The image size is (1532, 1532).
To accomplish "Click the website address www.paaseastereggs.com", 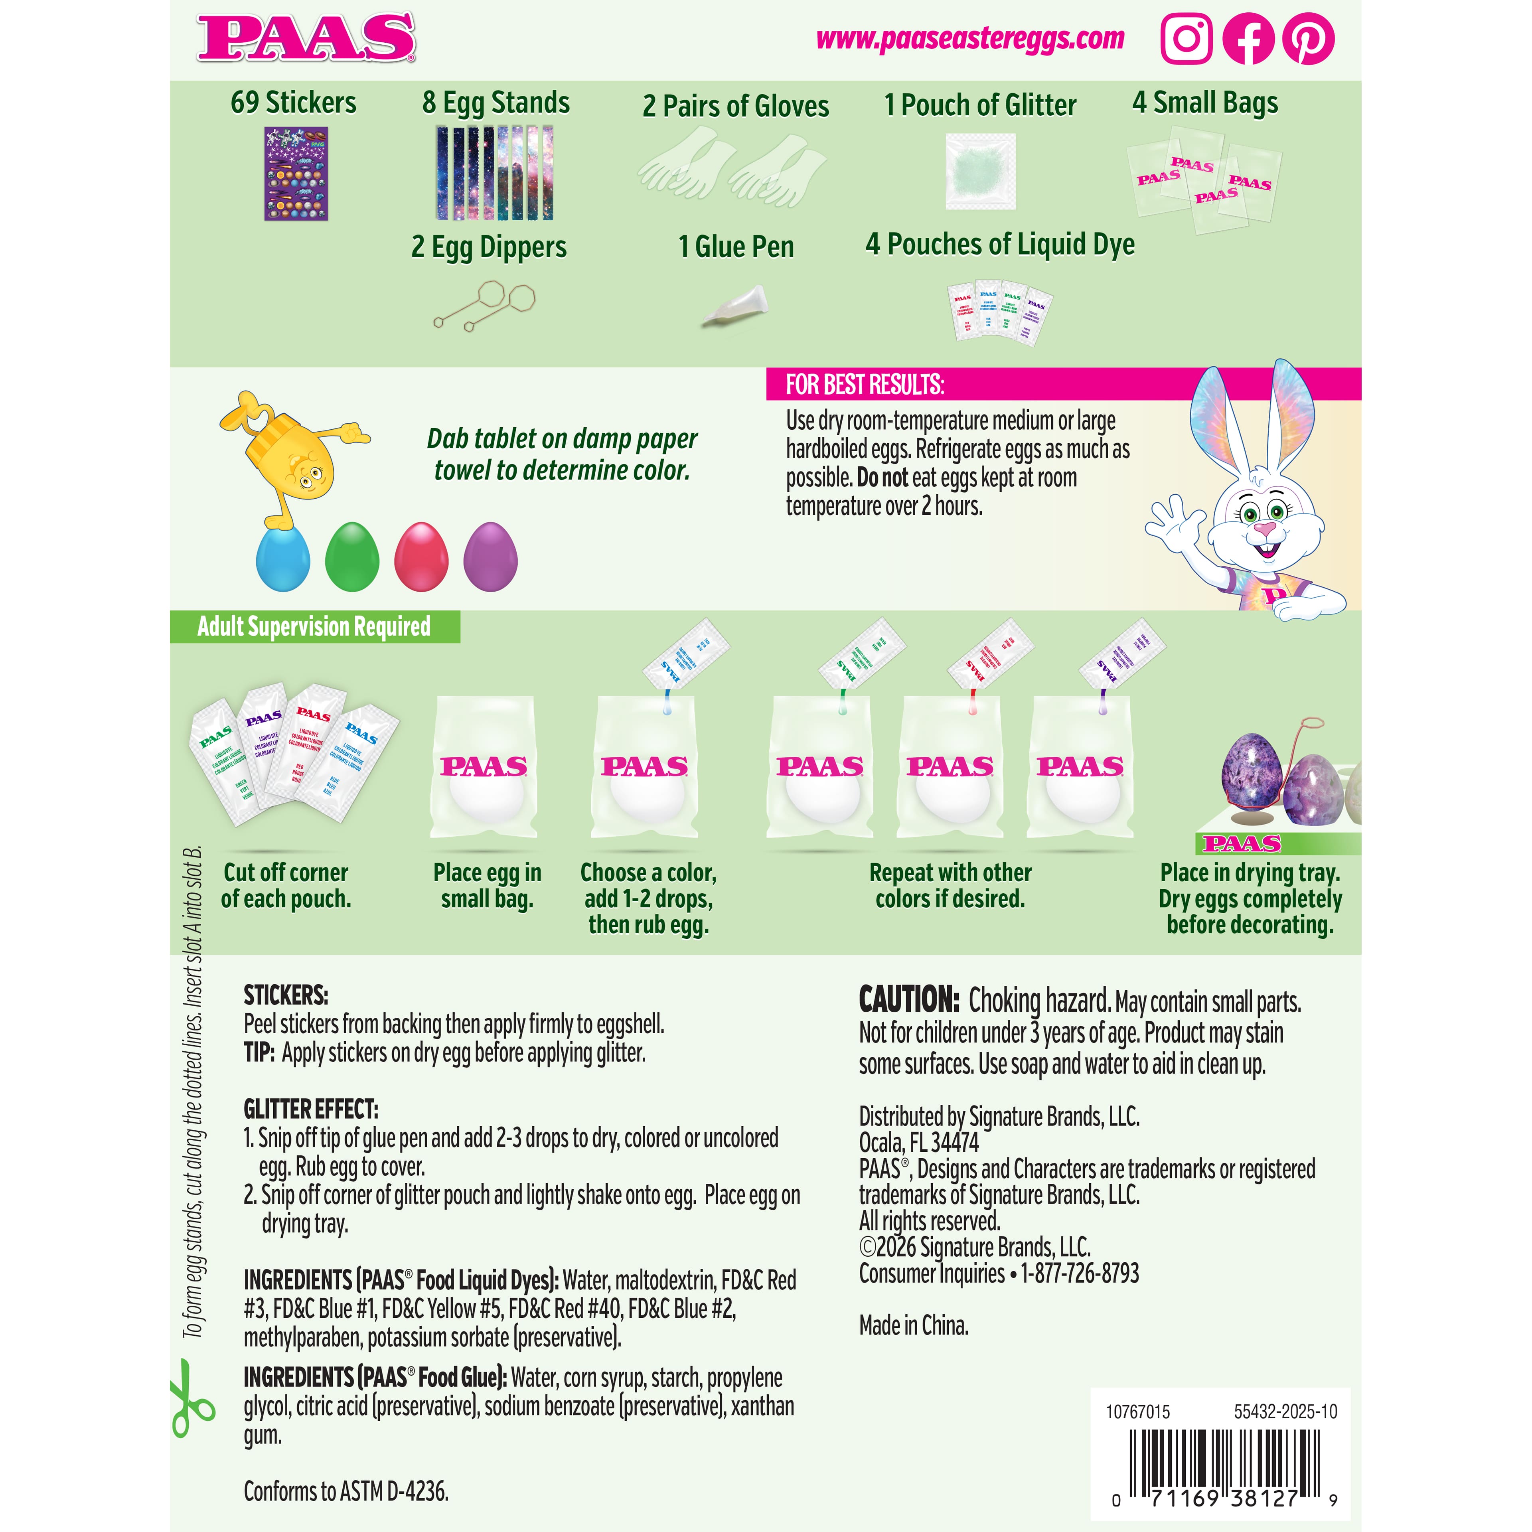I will [x=970, y=38].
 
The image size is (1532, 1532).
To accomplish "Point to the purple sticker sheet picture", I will [x=296, y=174].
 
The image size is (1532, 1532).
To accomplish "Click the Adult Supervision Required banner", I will [x=314, y=626].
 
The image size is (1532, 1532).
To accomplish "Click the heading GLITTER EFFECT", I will [x=311, y=1109].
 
